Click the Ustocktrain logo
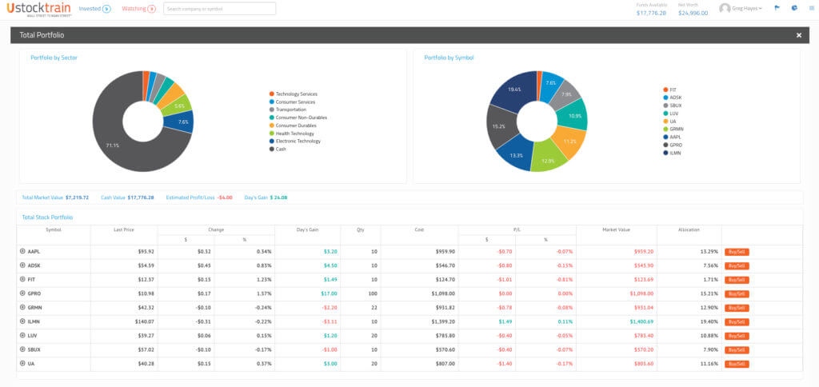[x=38, y=9]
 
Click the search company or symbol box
[x=219, y=9]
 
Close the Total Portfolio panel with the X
[x=798, y=35]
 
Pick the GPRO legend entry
[x=677, y=145]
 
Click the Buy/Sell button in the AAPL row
[x=736, y=251]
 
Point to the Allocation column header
[x=689, y=229]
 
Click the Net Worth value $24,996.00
[x=693, y=13]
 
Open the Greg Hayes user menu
[x=741, y=9]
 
